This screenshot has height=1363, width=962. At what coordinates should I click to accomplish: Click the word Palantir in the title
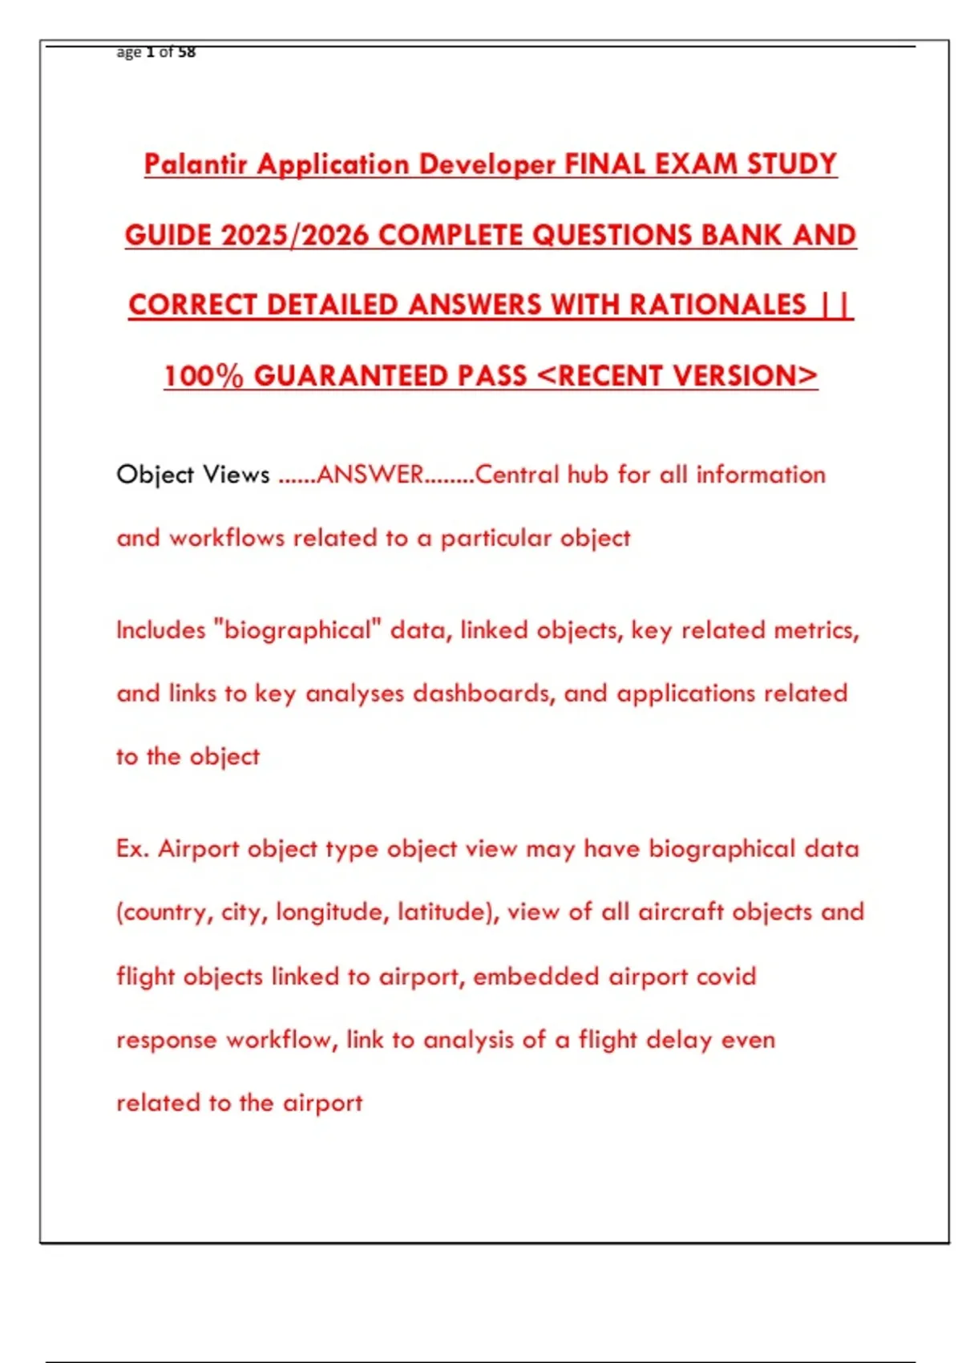196,164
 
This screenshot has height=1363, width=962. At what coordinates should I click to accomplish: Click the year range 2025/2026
294,235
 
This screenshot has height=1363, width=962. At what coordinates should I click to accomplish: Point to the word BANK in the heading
741,235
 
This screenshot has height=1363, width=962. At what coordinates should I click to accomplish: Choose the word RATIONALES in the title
717,305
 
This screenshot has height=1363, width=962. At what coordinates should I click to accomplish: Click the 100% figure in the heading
204,376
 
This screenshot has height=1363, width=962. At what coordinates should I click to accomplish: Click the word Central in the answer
517,475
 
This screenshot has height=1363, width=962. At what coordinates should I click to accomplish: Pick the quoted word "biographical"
297,631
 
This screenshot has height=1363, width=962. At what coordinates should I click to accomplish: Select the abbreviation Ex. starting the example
132,849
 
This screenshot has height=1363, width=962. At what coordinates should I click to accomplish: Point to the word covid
726,977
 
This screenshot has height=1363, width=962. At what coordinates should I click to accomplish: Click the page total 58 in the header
186,52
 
